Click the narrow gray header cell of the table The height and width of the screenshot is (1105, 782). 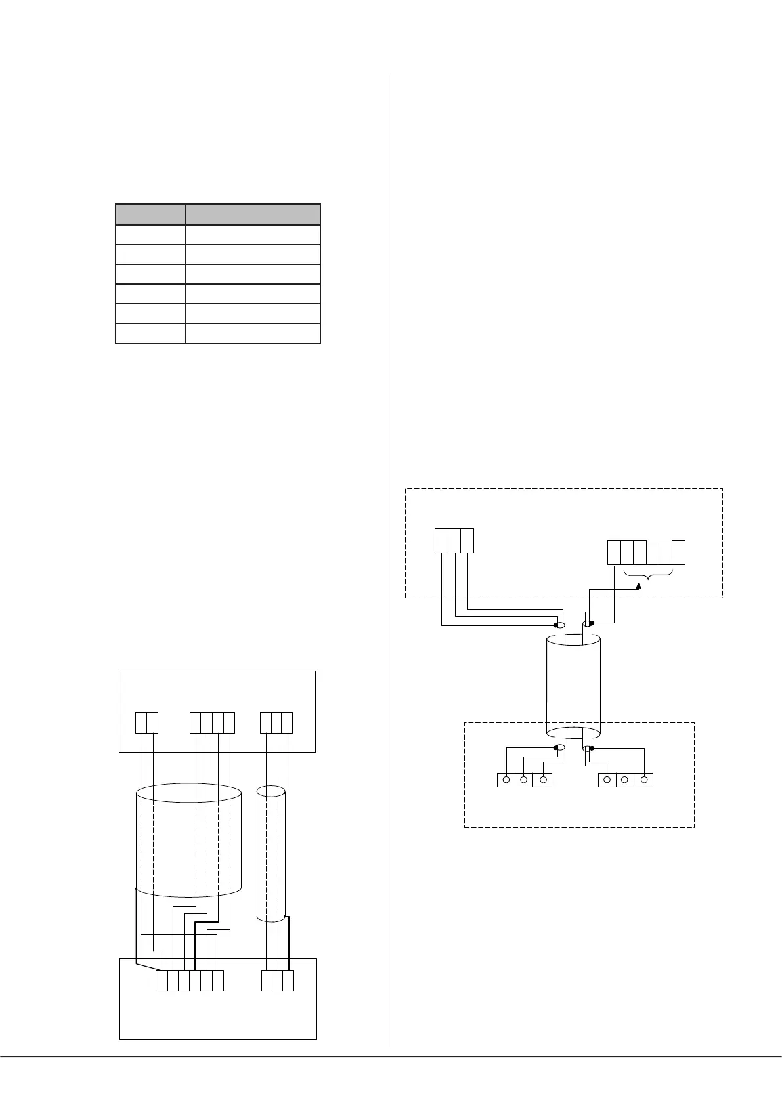click(x=150, y=215)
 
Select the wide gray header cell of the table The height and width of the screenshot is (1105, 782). click(x=253, y=215)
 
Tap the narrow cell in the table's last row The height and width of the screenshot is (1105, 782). click(x=150, y=333)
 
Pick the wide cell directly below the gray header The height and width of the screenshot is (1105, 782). click(x=253, y=235)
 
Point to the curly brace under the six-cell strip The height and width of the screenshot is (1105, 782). click(x=647, y=575)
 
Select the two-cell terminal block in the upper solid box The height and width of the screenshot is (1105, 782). click(x=146, y=722)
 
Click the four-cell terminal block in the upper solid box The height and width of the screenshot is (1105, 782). click(x=212, y=722)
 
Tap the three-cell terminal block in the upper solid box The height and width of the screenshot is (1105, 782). click(x=276, y=722)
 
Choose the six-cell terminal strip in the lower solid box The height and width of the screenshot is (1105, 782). click(x=190, y=980)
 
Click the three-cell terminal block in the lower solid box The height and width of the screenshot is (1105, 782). click(x=277, y=980)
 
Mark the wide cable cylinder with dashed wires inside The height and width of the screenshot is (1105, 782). click(x=188, y=840)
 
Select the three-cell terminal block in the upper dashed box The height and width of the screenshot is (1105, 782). click(x=454, y=541)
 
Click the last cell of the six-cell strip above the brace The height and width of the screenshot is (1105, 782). click(x=679, y=552)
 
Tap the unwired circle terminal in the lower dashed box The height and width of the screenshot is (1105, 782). click(x=625, y=780)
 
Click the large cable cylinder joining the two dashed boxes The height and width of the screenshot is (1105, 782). click(x=573, y=686)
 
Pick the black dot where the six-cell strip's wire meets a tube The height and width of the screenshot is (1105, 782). click(x=592, y=623)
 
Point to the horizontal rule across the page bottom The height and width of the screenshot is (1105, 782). click(x=391, y=1056)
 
